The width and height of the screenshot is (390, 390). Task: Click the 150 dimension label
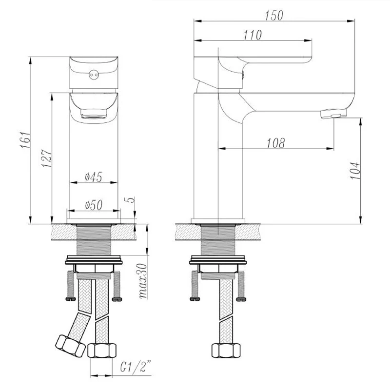273,16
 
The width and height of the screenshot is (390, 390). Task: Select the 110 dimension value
253,35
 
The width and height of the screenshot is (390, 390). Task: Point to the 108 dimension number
275,143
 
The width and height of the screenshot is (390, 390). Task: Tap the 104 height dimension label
355,170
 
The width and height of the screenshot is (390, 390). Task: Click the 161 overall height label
25,140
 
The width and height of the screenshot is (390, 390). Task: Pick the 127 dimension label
46,158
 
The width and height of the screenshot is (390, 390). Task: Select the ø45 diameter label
93,177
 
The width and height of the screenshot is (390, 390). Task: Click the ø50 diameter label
93,205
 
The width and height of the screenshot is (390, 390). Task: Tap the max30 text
143,281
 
